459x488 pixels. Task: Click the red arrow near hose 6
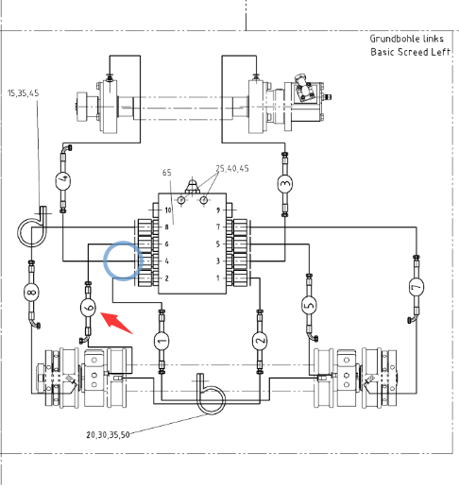tap(116, 323)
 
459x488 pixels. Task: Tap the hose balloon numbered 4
tap(63, 181)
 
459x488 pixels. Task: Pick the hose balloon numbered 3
tap(285, 184)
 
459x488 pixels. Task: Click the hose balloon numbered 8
tap(31, 293)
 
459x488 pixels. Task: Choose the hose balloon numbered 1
tap(161, 341)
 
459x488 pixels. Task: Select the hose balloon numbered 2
tap(260, 341)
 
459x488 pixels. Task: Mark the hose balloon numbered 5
tap(309, 305)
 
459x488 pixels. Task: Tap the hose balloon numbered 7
tap(416, 287)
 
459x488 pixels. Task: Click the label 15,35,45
tap(23, 93)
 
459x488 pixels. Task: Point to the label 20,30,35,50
tap(108, 435)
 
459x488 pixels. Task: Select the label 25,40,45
tap(232, 169)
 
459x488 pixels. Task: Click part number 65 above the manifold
tap(167, 173)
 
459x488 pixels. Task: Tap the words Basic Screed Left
tap(410, 52)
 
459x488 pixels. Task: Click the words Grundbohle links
tap(407, 39)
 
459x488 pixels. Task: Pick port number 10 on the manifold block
tap(168, 210)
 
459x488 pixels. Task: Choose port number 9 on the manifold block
tap(218, 210)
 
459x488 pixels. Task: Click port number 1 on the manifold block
tap(218, 278)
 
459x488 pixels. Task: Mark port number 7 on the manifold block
tap(218, 227)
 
